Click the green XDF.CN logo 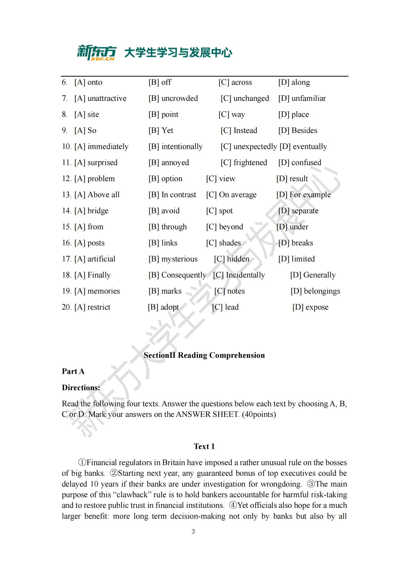(x=96, y=53)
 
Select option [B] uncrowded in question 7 (x=173, y=98)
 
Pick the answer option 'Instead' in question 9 (x=239, y=130)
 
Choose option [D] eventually (x=303, y=147)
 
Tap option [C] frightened (x=244, y=163)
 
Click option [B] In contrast (x=172, y=194)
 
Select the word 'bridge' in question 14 (x=98, y=211)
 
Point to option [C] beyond (x=224, y=227)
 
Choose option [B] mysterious (x=173, y=259)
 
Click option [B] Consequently (x=177, y=275)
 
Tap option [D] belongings (x=315, y=291)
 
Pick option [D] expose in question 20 (x=310, y=307)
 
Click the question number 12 (x=67, y=179)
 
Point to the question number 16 (x=67, y=243)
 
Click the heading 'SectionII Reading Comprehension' (x=204, y=355)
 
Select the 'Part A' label (x=73, y=371)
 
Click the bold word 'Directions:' (x=81, y=387)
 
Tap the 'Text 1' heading (x=204, y=446)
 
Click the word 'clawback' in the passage (x=132, y=495)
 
